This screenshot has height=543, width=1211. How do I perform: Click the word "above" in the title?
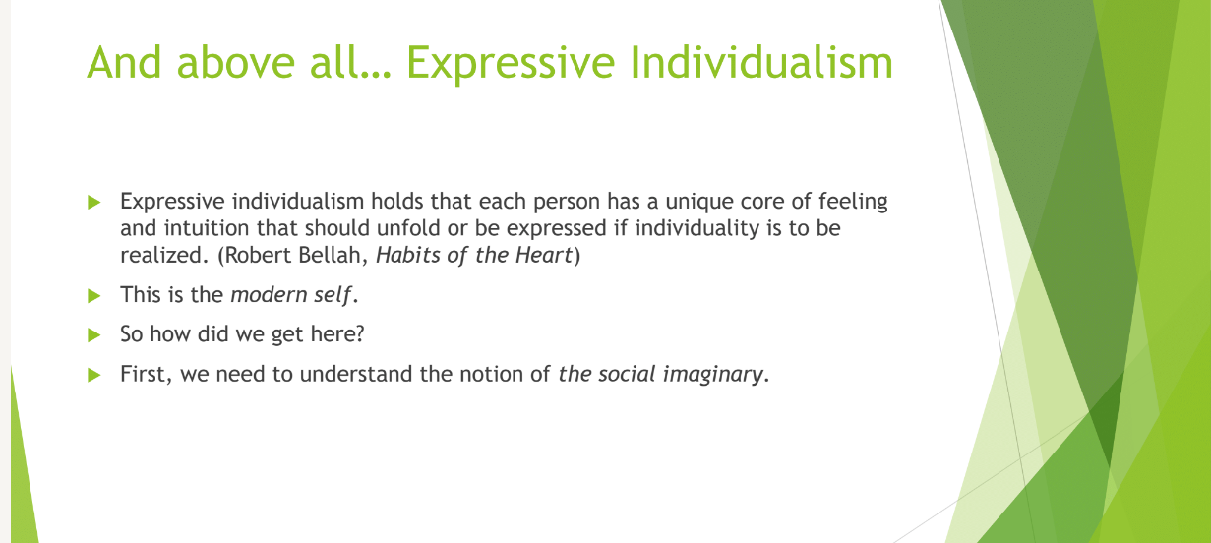(235, 62)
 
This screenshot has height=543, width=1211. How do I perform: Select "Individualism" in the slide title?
(761, 62)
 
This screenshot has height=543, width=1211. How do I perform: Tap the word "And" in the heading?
(124, 62)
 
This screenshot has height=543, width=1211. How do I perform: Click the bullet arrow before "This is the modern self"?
(94, 296)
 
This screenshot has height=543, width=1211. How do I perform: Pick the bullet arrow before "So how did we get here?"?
(94, 335)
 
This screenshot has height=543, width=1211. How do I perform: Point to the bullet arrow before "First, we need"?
(94, 375)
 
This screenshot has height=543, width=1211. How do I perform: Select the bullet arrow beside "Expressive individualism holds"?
(94, 203)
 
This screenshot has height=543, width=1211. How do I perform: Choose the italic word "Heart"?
(544, 256)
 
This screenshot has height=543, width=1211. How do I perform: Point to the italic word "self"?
(333, 295)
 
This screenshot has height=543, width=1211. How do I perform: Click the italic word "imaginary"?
(712, 374)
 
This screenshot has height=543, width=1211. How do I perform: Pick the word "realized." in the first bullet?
(164, 256)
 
